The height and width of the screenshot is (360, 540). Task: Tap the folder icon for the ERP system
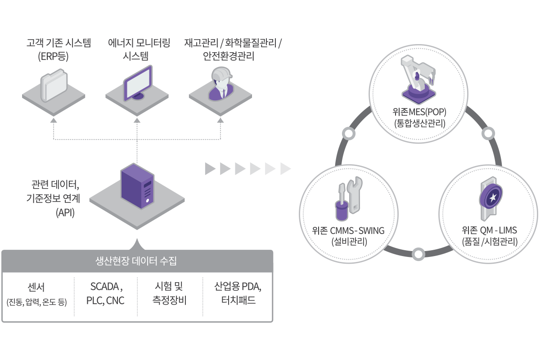[x=54, y=85]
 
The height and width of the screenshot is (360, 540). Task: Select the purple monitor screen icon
[x=138, y=83]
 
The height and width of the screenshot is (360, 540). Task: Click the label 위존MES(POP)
[x=419, y=112]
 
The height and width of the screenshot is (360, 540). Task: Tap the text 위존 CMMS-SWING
[x=348, y=231]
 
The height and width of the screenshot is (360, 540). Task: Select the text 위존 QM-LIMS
[x=489, y=231]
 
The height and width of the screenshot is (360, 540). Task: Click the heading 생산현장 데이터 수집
[x=137, y=261]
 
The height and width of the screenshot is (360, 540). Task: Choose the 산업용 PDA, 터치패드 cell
[x=238, y=293]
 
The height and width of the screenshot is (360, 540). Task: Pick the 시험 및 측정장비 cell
[x=169, y=293]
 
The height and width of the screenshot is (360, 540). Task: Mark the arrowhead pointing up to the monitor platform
[x=137, y=121]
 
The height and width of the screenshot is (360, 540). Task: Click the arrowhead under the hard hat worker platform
[x=220, y=121]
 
